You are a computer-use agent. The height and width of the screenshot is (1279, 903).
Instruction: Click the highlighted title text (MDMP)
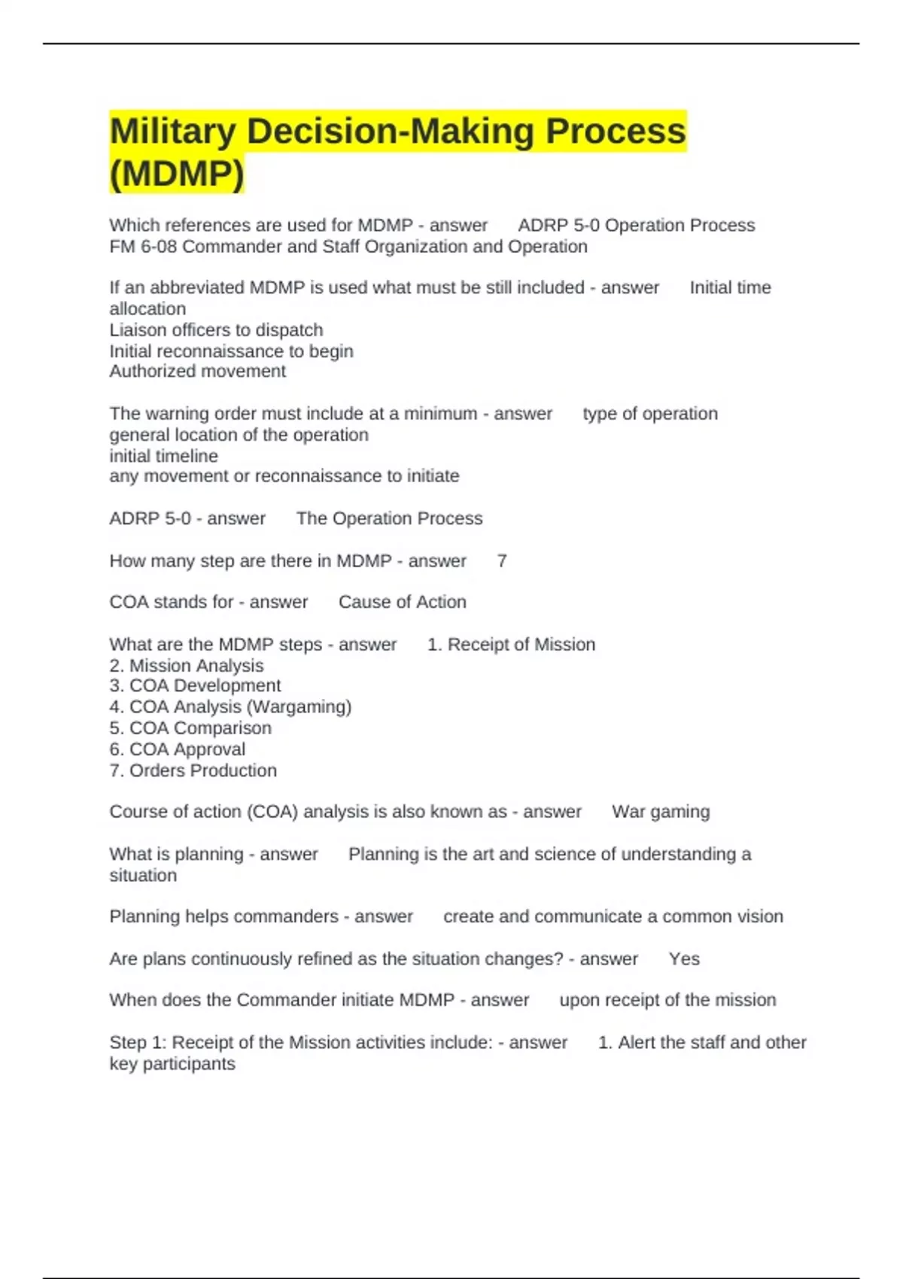click(177, 174)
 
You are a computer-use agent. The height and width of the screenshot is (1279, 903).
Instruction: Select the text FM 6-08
click(143, 247)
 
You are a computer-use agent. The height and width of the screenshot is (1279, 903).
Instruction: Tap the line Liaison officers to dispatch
click(216, 330)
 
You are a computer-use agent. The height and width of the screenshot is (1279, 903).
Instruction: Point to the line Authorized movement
click(197, 371)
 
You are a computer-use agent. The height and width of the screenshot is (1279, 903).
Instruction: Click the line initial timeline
click(163, 456)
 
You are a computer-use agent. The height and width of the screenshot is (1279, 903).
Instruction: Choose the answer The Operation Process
click(389, 518)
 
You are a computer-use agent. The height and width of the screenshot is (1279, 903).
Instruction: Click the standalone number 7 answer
click(502, 561)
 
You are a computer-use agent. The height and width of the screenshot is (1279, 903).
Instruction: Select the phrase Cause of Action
click(402, 602)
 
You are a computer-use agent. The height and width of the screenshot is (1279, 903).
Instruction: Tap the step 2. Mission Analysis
click(187, 666)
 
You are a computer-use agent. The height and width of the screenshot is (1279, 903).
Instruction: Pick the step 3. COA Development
click(195, 685)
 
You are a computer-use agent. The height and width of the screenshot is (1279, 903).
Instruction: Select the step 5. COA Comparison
click(190, 728)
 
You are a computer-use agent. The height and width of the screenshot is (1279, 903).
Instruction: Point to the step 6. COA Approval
click(178, 749)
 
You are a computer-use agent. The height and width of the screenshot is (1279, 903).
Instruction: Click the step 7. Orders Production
click(193, 770)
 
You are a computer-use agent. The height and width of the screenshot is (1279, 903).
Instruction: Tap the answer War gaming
click(661, 812)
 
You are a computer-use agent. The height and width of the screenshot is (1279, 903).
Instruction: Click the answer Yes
click(684, 959)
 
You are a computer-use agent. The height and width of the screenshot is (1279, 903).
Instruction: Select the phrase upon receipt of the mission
click(667, 1000)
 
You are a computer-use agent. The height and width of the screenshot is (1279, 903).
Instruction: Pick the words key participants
click(172, 1064)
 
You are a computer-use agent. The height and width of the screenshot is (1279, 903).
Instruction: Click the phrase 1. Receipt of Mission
click(511, 645)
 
